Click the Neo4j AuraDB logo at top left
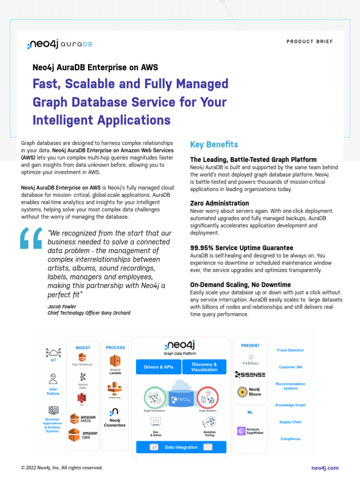click(59, 45)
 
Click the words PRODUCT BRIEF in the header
click(309, 42)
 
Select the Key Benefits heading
click(214, 144)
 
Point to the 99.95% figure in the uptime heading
click(202, 247)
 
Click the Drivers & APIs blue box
click(158, 367)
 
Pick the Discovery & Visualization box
click(204, 367)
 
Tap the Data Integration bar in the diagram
click(181, 447)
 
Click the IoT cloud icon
click(53, 352)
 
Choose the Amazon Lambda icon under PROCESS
click(115, 360)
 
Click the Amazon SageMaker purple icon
click(241, 431)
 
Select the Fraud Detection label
click(290, 350)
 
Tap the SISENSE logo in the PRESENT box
click(250, 375)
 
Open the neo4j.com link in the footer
click(324, 468)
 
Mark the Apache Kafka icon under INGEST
click(83, 377)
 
